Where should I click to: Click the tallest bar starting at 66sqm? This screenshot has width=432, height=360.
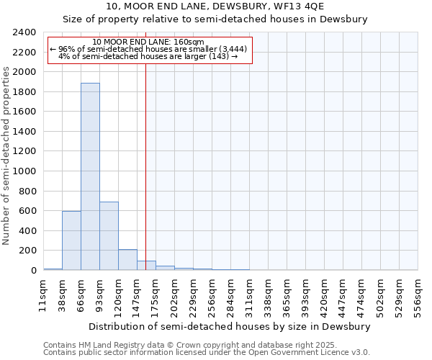pyautogui.click(x=90, y=176)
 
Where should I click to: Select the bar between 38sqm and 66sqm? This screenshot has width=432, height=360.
pyautogui.click(x=71, y=240)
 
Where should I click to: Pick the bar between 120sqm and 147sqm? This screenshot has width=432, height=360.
pyautogui.click(x=127, y=260)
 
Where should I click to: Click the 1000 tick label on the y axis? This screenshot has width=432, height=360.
pyautogui.click(x=25, y=171)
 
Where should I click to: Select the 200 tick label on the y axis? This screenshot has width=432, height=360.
pyautogui.click(x=28, y=251)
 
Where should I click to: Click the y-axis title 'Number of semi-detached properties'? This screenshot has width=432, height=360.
pyautogui.click(x=7, y=156)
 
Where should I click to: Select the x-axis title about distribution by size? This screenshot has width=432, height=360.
pyautogui.click(x=230, y=326)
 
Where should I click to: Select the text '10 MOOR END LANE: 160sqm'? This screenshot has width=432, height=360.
pyautogui.click(x=149, y=42)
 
